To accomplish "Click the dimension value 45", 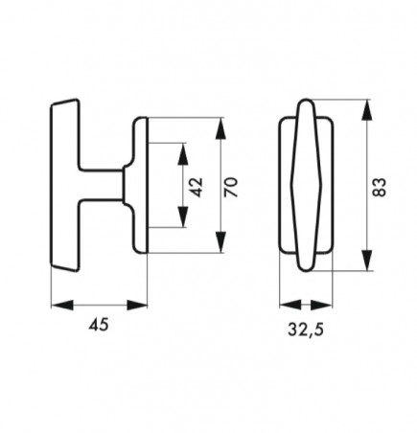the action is pyautogui.click(x=99, y=325).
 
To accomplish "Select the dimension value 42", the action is pyautogui.click(x=197, y=187).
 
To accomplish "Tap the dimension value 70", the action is pyautogui.click(x=231, y=187).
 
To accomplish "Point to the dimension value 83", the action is pyautogui.click(x=380, y=187).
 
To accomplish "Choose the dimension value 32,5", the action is pyautogui.click(x=306, y=330).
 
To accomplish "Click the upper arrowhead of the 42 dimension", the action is pyautogui.click(x=183, y=154).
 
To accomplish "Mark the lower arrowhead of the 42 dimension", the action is pyautogui.click(x=183, y=216).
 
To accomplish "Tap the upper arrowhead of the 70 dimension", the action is pyautogui.click(x=220, y=129).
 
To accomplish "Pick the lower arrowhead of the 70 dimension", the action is pyautogui.click(x=220, y=242).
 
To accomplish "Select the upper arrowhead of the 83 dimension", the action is pyautogui.click(x=367, y=110).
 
